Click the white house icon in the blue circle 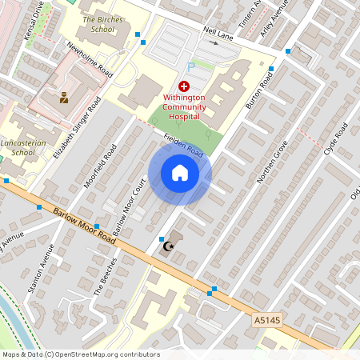pyautogui.click(x=180, y=173)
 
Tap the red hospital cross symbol pyautogui.click(x=184, y=86)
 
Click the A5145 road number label pyautogui.click(x=269, y=319)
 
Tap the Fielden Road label pyautogui.click(x=183, y=144)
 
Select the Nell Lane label pyautogui.click(x=218, y=32)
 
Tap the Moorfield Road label pyautogui.click(x=101, y=166)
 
